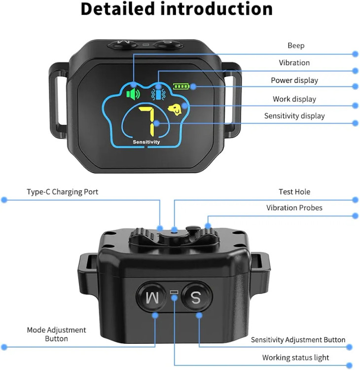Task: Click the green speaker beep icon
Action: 133,93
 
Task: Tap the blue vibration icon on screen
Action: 159,92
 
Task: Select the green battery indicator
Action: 181,86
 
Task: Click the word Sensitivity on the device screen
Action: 146,142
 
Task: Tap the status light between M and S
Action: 174,293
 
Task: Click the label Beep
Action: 296,46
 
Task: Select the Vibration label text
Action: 294,63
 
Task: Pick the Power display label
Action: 294,80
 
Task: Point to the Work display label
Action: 294,99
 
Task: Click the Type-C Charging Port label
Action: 62,192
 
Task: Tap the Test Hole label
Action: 294,192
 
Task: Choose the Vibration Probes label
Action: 294,208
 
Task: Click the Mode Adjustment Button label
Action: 56,334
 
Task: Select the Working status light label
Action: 295,358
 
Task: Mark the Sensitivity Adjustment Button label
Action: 298,340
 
